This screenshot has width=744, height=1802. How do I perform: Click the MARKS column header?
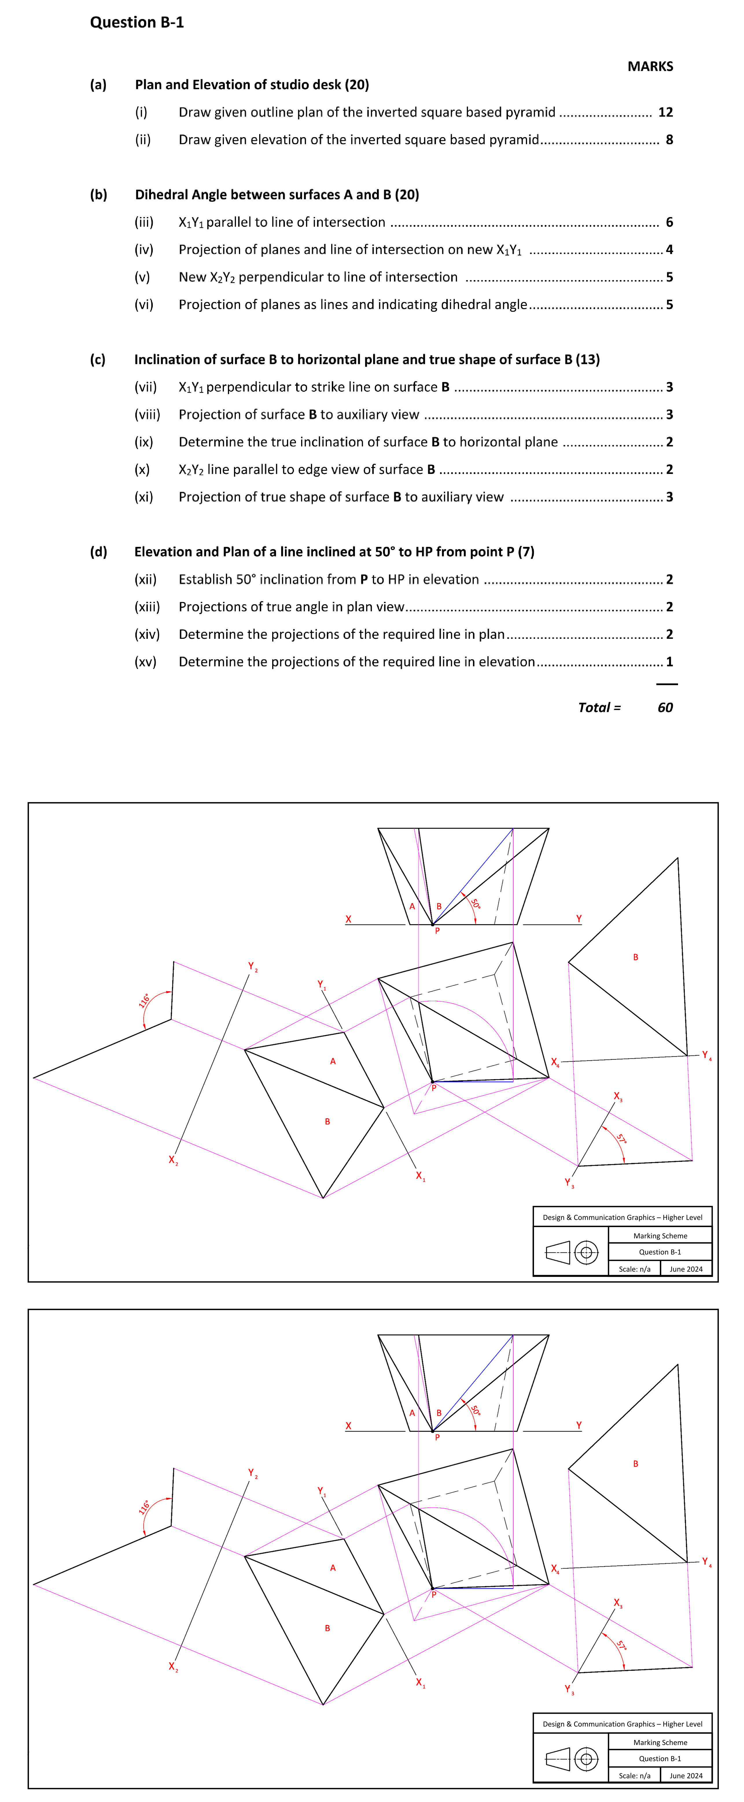(650, 67)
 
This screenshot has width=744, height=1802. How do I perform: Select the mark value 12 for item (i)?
(665, 112)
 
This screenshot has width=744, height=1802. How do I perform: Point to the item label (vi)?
(144, 304)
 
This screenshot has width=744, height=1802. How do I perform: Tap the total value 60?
(665, 707)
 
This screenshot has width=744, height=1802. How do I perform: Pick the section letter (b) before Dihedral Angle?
(99, 194)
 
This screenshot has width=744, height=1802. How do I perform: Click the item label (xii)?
(146, 579)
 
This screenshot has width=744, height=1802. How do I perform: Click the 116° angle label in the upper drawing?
(144, 1000)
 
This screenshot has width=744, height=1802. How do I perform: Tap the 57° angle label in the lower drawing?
(620, 1646)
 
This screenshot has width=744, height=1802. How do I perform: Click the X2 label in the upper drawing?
(173, 1160)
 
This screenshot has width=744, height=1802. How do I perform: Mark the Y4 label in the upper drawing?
(706, 1055)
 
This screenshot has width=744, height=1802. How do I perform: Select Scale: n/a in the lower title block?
(634, 1775)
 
